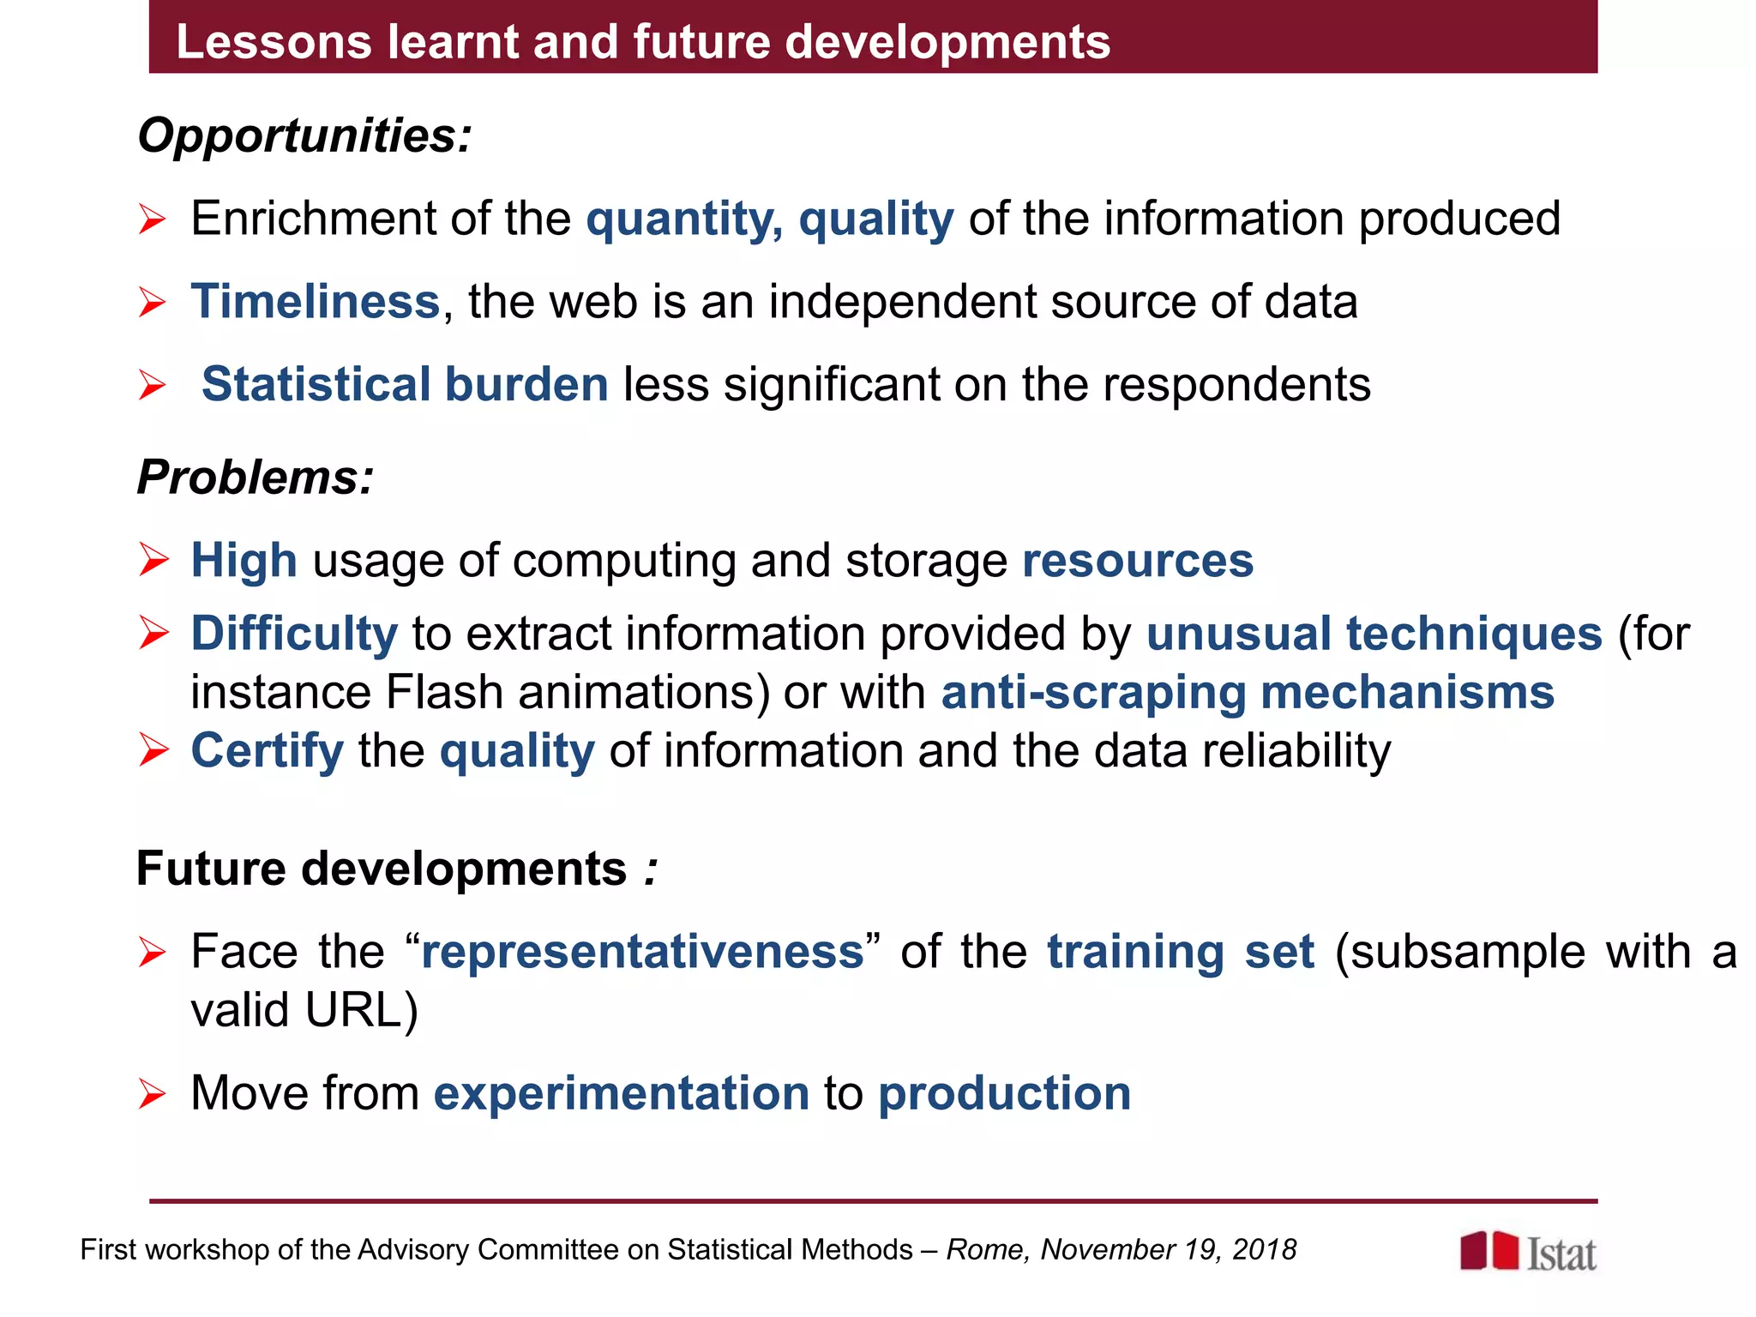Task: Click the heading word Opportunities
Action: click(x=304, y=135)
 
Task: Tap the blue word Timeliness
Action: click(x=315, y=302)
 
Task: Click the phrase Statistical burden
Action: click(x=405, y=384)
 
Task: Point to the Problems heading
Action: click(x=256, y=477)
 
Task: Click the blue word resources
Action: click(x=1138, y=561)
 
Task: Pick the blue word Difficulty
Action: click(x=294, y=634)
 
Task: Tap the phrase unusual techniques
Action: click(x=1374, y=634)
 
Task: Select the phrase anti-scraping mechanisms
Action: click(x=1248, y=692)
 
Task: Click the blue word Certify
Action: click(x=267, y=751)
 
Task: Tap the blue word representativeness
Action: click(x=642, y=952)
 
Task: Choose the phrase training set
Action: click(x=1180, y=952)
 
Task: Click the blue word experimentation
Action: click(x=622, y=1093)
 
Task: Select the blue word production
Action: click(x=1004, y=1093)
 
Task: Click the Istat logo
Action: click(x=1528, y=1252)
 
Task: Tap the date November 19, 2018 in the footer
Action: click(x=1168, y=1250)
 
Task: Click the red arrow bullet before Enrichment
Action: click(x=152, y=219)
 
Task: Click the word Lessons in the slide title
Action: click(x=274, y=41)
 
